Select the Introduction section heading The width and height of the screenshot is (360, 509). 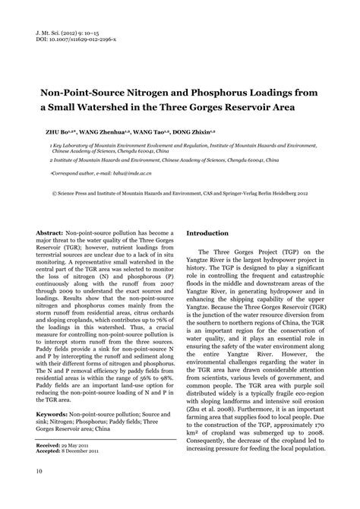(207, 233)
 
